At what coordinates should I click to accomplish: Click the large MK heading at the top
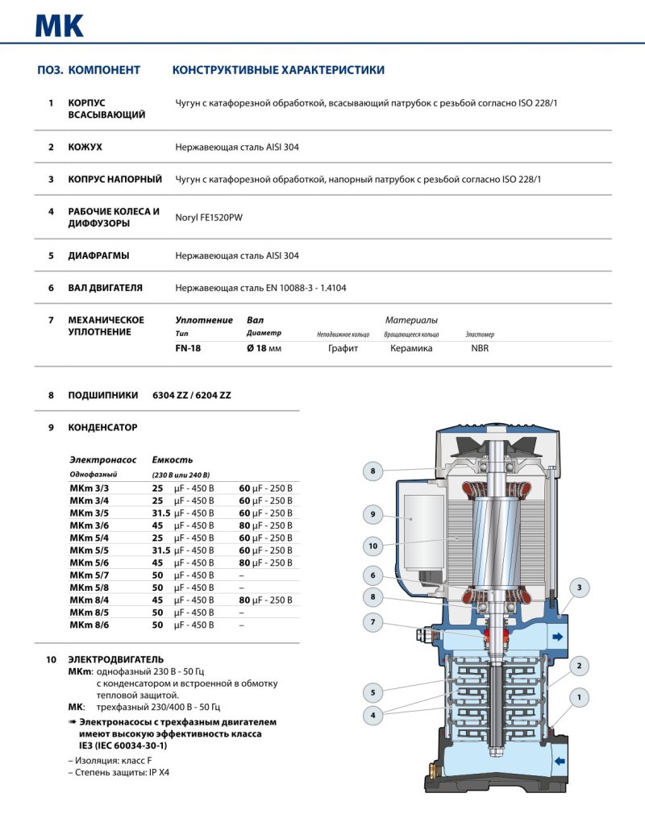pos(60,25)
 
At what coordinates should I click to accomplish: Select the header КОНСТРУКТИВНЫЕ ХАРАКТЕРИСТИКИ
pos(278,71)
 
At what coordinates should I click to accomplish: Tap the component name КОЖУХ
pos(85,147)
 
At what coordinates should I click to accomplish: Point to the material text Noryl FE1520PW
pos(207,217)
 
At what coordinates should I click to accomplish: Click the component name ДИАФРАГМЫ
pos(98,255)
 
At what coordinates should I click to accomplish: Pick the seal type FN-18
pos(188,348)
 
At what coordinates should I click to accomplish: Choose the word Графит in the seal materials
pos(343,348)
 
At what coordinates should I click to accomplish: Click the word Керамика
pos(411,348)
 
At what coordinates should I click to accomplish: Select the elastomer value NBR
pos(480,348)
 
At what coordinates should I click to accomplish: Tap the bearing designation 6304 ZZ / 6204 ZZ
pos(191,396)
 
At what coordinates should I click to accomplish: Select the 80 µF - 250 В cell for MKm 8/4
pos(265,600)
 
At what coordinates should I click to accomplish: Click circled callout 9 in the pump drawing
pos(372,513)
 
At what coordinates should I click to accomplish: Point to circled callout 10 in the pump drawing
pos(372,546)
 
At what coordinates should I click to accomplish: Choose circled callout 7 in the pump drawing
pos(372,622)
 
